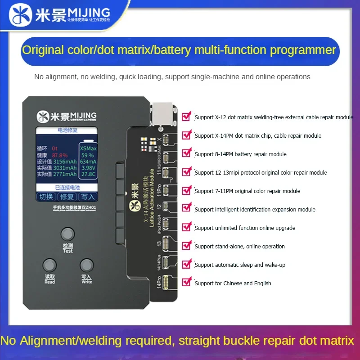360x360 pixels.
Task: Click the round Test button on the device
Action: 67,234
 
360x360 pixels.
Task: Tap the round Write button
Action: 86,265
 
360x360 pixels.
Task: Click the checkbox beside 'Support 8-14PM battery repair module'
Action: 186,153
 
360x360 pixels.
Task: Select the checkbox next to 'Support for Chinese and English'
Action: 186,282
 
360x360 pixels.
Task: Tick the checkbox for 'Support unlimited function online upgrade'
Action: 186,227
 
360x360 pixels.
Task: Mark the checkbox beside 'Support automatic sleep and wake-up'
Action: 186,264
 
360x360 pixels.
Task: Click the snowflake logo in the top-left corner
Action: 17,17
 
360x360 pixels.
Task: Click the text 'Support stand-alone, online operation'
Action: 239,246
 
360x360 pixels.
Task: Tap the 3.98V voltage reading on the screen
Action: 88,168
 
